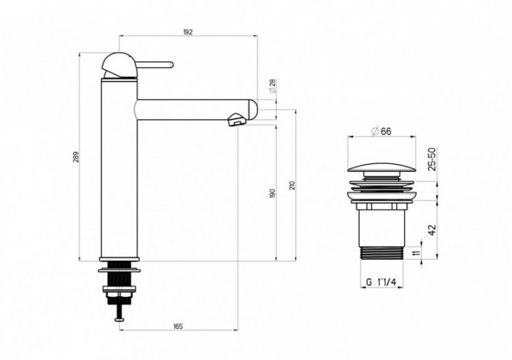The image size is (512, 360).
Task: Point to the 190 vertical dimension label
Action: coord(272,193)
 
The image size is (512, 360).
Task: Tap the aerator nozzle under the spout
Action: coord(236,121)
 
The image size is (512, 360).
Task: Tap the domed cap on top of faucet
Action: coord(119,63)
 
